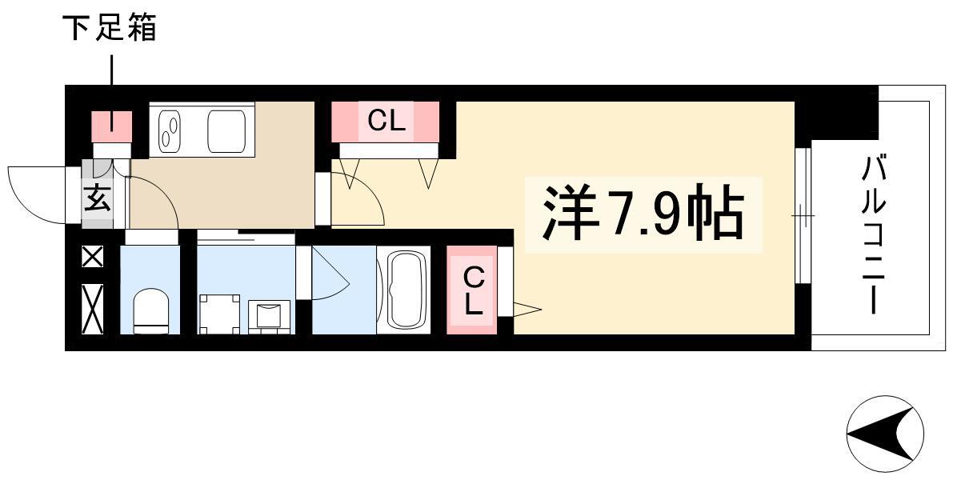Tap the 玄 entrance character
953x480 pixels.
point(98,198)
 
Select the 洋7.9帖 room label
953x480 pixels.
point(643,213)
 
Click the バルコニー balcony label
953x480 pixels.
point(873,234)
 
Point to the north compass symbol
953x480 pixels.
point(885,434)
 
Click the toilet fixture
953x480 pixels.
point(150,310)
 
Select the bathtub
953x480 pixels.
point(403,290)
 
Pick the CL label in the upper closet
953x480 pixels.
point(386,122)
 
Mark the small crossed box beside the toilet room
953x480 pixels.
point(93,257)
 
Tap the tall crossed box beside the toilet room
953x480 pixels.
point(93,309)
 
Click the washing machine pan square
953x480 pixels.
point(219,314)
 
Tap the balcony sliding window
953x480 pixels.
point(803,216)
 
